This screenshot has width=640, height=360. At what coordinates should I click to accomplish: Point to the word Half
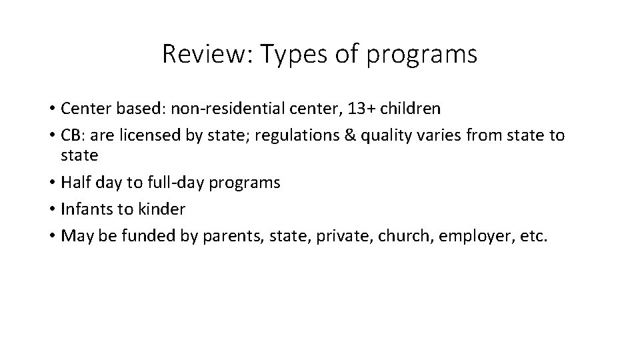pyautogui.click(x=74, y=182)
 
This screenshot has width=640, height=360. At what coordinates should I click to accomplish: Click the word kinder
pyautogui.click(x=161, y=209)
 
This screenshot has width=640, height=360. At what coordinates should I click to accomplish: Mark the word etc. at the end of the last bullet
pyautogui.click(x=533, y=237)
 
